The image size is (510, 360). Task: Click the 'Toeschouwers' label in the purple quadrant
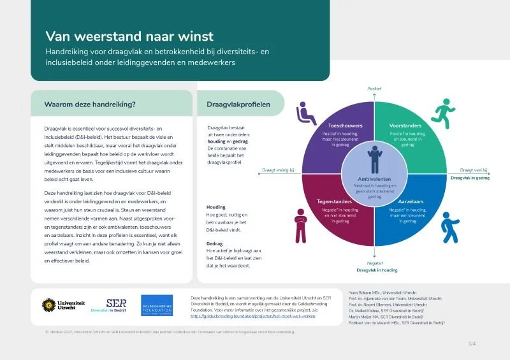(345, 126)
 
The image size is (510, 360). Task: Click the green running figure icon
(440, 112)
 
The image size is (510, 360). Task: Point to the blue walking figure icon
(449, 224)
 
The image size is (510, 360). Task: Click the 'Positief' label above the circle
(374, 89)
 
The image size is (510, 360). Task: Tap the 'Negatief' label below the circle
(375, 263)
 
